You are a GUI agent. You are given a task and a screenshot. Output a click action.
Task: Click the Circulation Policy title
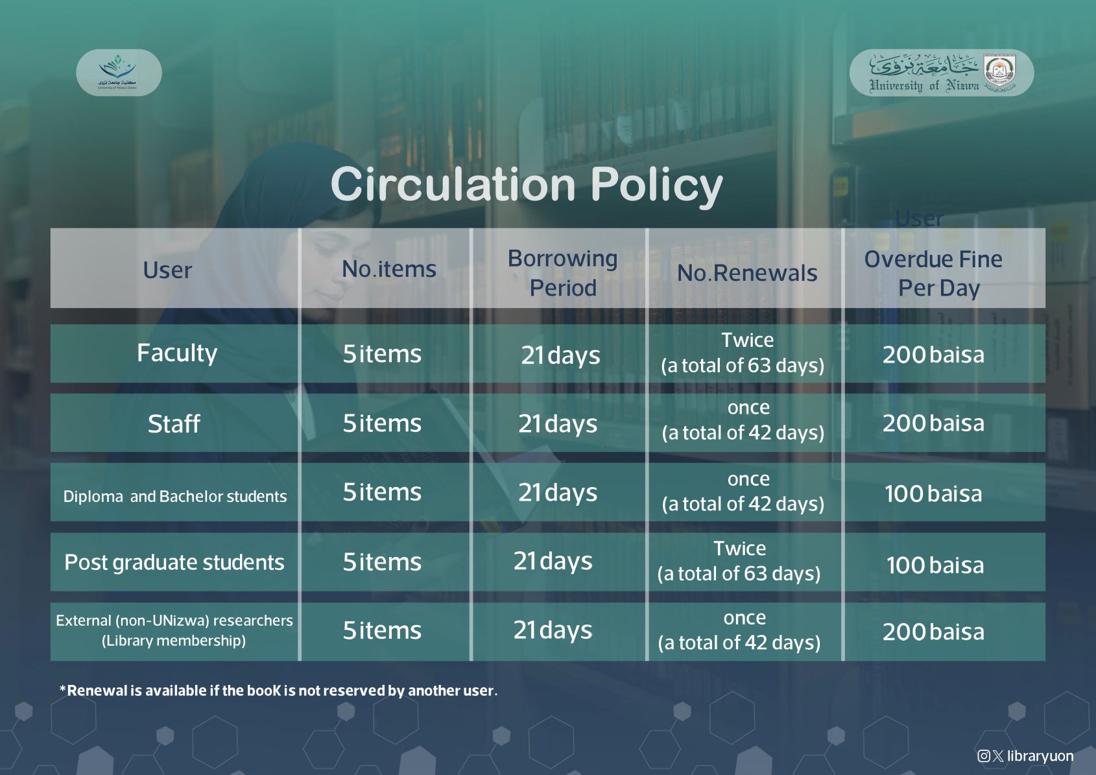pyautogui.click(x=527, y=184)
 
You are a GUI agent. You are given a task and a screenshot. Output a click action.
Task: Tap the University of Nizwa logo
pyautogui.click(x=942, y=73)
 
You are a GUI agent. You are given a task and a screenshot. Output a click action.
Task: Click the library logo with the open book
pyautogui.click(x=119, y=73)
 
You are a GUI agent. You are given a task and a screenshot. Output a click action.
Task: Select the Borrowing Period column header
pyautogui.click(x=563, y=273)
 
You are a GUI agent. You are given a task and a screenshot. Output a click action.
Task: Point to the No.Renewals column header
pyautogui.click(x=747, y=273)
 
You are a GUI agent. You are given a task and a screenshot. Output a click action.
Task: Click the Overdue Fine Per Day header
pyautogui.click(x=934, y=274)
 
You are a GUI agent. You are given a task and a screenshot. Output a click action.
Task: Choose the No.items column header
pyautogui.click(x=389, y=269)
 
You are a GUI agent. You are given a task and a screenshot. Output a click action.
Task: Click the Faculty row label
pyautogui.click(x=177, y=353)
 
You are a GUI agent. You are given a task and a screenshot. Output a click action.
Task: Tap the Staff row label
pyautogui.click(x=174, y=423)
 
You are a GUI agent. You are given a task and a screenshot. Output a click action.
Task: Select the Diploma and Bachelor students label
pyautogui.click(x=174, y=497)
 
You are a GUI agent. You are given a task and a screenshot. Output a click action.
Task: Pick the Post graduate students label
pyautogui.click(x=174, y=563)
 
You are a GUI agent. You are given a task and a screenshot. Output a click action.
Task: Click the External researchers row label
pyautogui.click(x=174, y=630)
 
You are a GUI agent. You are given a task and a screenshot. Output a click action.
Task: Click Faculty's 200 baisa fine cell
pyautogui.click(x=934, y=355)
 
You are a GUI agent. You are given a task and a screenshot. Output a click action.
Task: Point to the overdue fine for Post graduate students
pyautogui.click(x=935, y=565)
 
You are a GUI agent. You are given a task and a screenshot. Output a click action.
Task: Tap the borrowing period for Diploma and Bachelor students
pyautogui.click(x=558, y=493)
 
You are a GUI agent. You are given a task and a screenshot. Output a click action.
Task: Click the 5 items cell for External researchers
pyautogui.click(x=382, y=630)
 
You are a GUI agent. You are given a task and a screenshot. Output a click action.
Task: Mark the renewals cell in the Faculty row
pyautogui.click(x=743, y=353)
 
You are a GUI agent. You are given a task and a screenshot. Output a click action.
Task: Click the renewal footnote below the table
pyautogui.click(x=278, y=691)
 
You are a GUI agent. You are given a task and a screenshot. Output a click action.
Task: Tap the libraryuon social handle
pyautogui.click(x=1025, y=756)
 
